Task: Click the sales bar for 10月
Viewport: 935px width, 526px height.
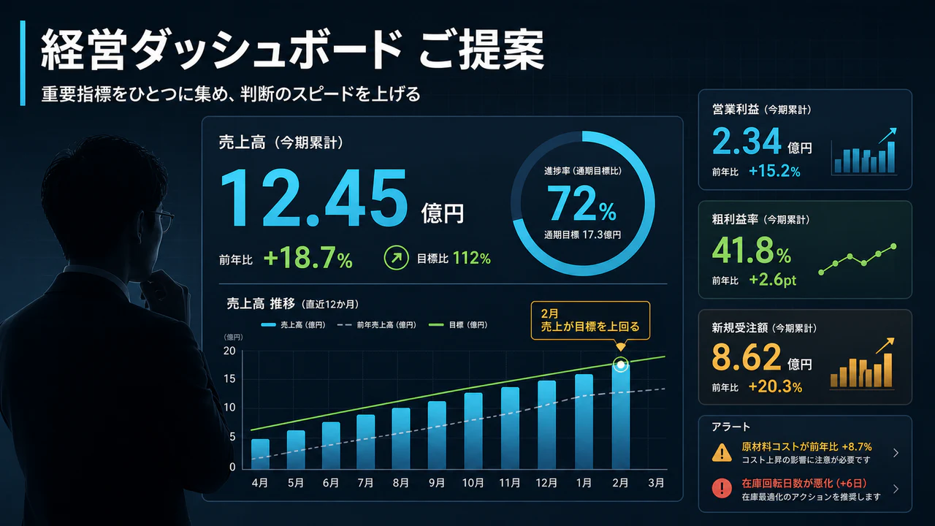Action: tap(473, 431)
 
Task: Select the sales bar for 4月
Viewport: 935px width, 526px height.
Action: tap(260, 454)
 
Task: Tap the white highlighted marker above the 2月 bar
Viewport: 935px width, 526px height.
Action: tap(621, 365)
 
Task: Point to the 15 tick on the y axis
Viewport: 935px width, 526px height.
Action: tap(229, 379)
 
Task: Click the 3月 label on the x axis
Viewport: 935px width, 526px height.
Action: tap(656, 483)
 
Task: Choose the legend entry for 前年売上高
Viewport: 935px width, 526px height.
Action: tap(376, 325)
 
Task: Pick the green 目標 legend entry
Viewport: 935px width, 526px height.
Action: tap(458, 325)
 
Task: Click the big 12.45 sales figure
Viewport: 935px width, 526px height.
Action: tap(314, 198)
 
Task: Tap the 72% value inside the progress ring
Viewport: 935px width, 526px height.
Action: tap(581, 203)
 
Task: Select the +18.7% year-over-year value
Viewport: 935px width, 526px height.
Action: tap(308, 258)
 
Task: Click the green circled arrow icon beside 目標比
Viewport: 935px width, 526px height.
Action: tap(396, 258)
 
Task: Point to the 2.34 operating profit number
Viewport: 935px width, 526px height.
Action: tap(747, 141)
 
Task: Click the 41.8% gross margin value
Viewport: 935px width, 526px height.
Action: tap(752, 251)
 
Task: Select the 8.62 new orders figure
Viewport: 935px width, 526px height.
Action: tap(746, 357)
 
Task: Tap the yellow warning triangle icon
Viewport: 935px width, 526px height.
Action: tap(722, 452)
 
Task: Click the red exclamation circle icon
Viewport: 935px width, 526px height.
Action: tap(722, 488)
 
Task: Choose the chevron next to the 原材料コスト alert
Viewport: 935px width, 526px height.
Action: tap(896, 453)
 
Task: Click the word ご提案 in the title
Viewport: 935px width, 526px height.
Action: tap(481, 50)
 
